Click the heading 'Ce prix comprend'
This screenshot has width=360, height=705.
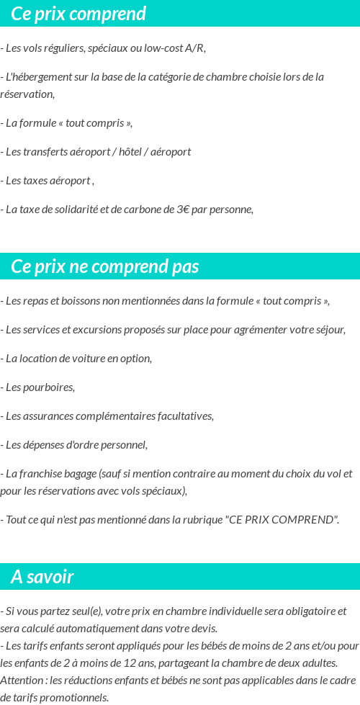tap(78, 14)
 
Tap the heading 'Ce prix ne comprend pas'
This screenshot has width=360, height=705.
tap(104, 267)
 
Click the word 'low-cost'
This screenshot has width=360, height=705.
tap(163, 48)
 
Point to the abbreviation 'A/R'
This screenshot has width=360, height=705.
tap(194, 48)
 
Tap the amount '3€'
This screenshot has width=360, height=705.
tap(184, 210)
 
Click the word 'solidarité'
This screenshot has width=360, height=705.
tap(78, 210)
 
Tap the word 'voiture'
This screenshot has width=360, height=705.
tap(86, 359)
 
